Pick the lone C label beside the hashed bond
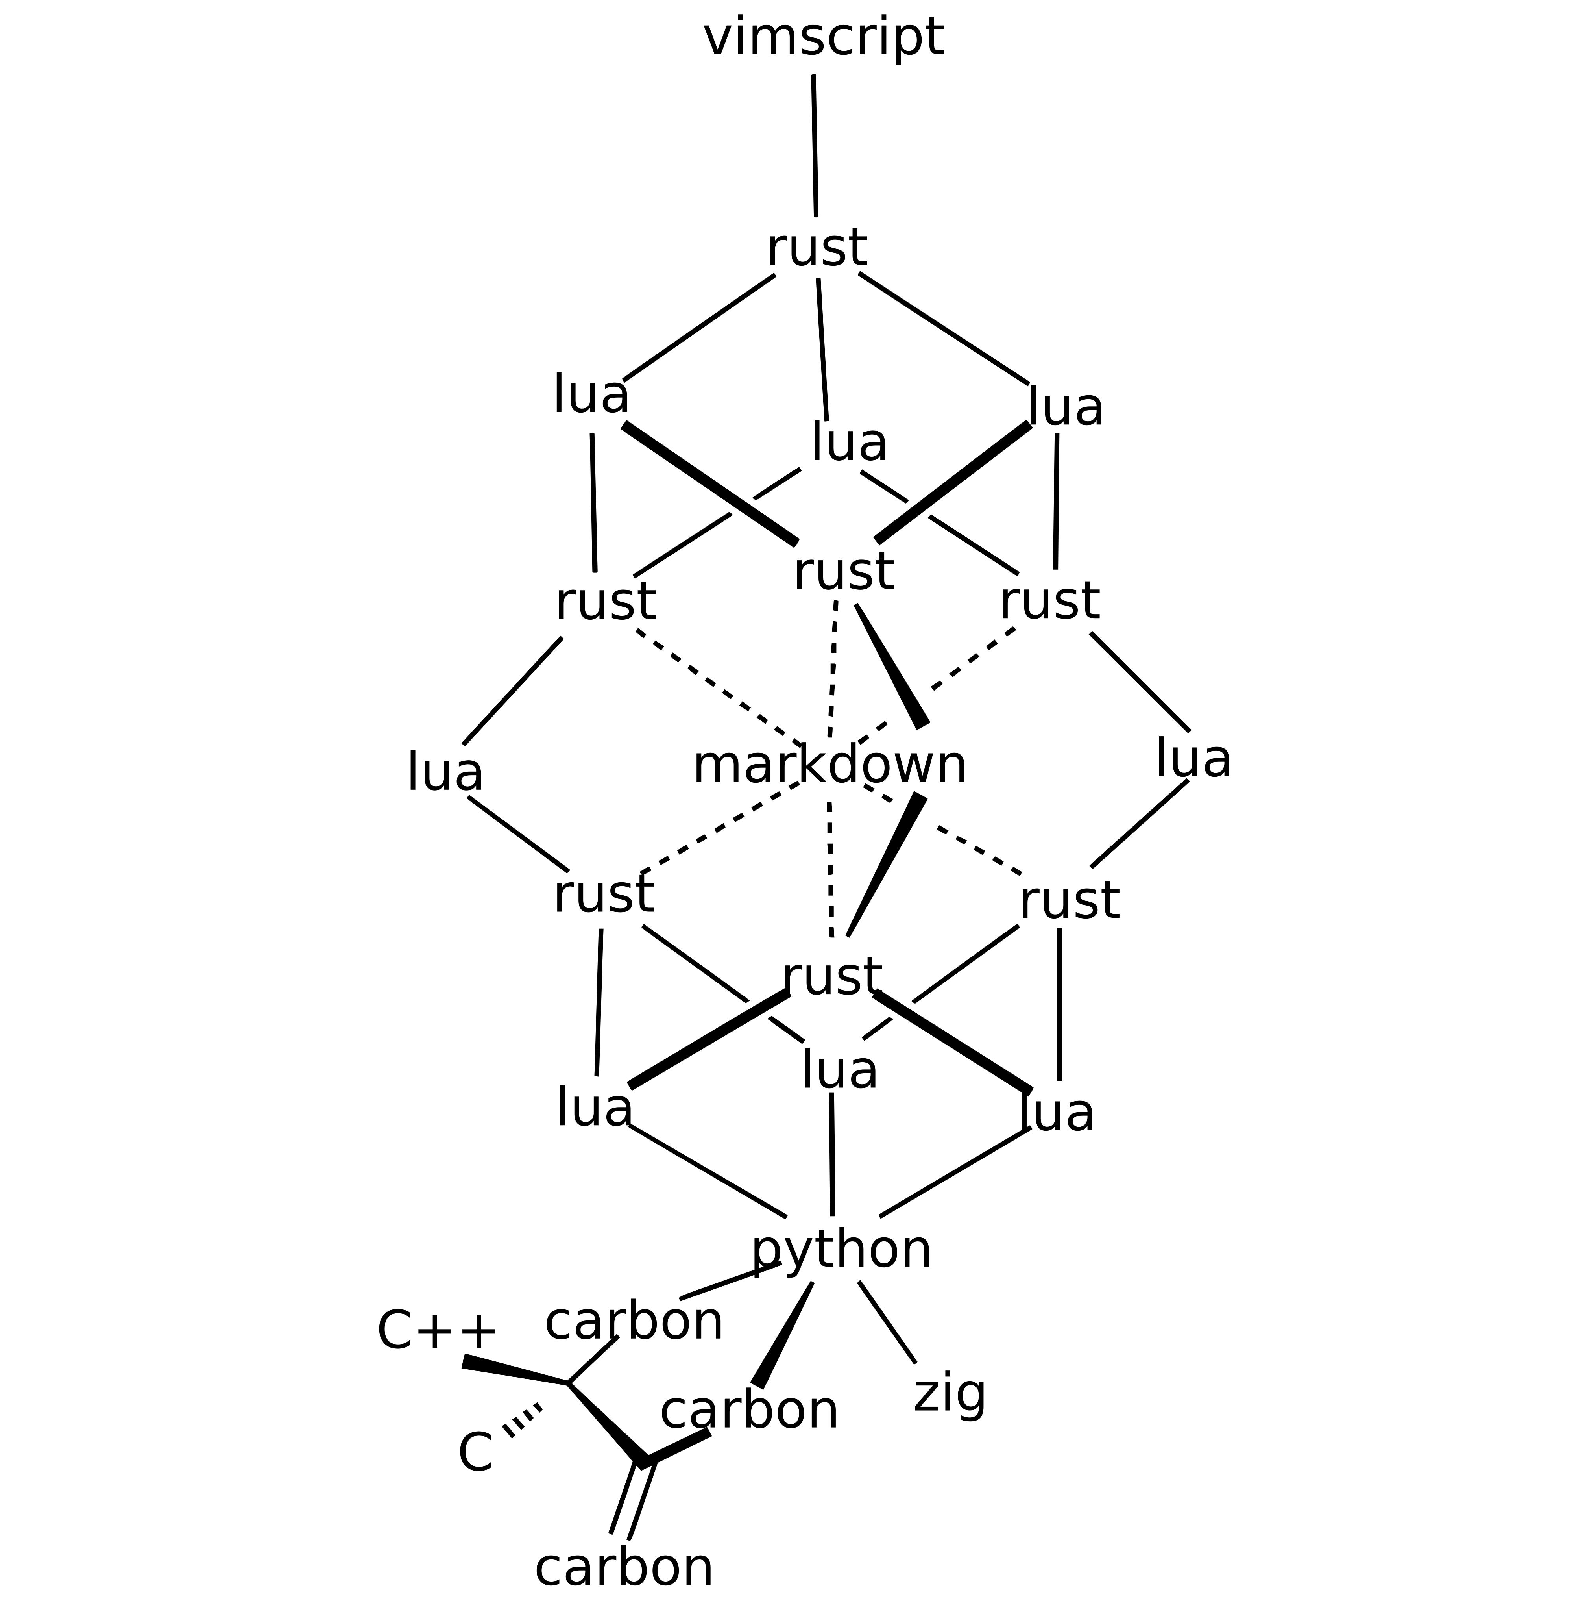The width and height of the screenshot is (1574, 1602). [x=475, y=1452]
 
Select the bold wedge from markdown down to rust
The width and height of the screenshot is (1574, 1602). [x=885, y=864]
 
